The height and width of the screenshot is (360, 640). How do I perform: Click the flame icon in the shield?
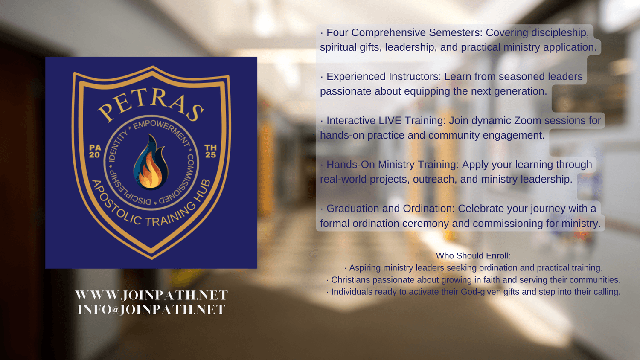pos(151,162)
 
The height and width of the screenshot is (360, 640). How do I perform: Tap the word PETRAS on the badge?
pos(151,105)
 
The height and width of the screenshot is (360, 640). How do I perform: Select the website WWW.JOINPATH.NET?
pos(151,295)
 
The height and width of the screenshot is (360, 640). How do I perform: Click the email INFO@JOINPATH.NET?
pos(151,309)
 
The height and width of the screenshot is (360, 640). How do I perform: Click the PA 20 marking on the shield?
pos(95,151)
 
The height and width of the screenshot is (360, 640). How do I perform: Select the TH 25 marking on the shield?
pos(211,151)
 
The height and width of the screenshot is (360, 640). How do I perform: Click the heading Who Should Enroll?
pos(473,256)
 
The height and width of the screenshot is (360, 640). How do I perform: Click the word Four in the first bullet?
pos(337,32)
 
